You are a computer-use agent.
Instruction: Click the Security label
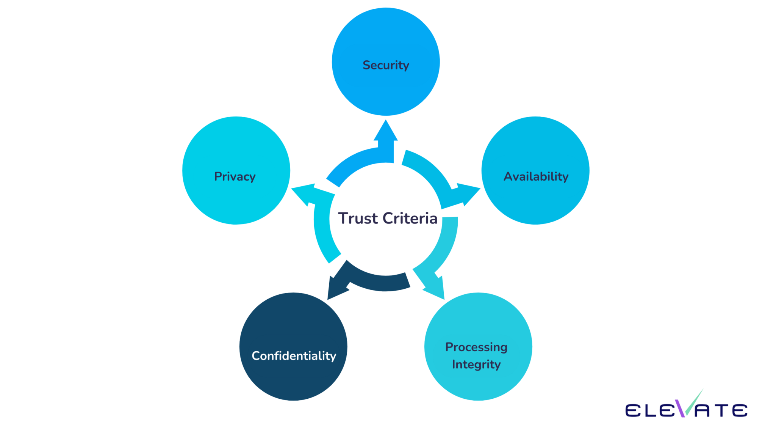[x=386, y=65]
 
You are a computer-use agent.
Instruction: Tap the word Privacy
[x=235, y=176]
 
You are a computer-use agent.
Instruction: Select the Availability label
[x=536, y=176]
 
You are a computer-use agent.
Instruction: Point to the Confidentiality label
[x=294, y=356]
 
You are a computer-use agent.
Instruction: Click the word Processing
[x=476, y=347]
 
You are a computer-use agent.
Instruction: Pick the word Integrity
[x=476, y=365]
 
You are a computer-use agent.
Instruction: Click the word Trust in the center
[x=358, y=218]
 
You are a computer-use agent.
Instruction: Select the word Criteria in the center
[x=410, y=218]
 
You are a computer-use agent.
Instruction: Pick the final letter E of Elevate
[x=740, y=410]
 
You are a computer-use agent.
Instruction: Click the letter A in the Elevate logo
[x=703, y=411]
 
